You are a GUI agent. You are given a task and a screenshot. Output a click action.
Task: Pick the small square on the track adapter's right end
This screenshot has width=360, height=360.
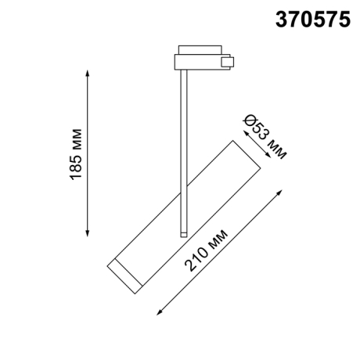[x=228, y=61]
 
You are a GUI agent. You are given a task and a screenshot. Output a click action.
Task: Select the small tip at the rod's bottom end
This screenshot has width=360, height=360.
[x=182, y=232]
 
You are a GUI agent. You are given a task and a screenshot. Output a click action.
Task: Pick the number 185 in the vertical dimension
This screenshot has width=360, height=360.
[x=77, y=167]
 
